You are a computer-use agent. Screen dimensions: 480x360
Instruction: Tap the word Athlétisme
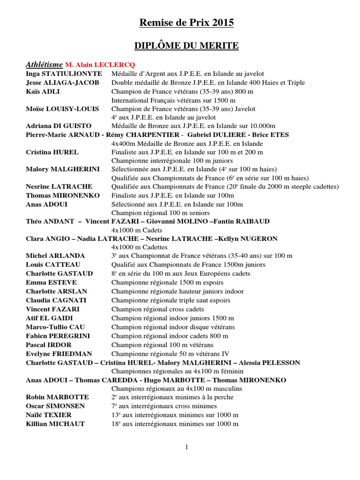point(44,65)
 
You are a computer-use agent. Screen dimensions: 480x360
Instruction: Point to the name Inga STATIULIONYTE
point(64,74)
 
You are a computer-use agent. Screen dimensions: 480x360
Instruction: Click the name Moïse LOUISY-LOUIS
point(62,109)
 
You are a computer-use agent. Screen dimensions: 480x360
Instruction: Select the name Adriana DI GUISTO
point(59,126)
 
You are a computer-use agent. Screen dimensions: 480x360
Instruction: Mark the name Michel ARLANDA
point(55,256)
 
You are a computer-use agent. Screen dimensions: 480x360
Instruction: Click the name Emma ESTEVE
point(51,282)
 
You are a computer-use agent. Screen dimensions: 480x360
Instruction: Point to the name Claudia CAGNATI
point(56,300)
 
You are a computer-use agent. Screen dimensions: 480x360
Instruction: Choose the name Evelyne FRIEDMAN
point(59,353)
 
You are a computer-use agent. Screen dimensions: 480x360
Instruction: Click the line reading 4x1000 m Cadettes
point(139,247)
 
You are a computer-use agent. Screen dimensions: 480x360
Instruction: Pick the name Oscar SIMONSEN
point(55,406)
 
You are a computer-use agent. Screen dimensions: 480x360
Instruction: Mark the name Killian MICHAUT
point(55,424)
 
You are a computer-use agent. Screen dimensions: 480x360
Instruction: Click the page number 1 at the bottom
point(186,447)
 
